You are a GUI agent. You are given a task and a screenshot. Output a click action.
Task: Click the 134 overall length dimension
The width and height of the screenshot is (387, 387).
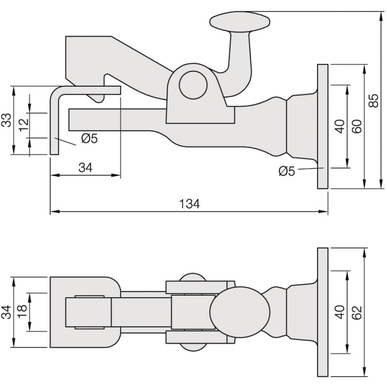tap(189, 204)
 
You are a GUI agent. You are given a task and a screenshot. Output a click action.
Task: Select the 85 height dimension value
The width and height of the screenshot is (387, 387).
tap(374, 101)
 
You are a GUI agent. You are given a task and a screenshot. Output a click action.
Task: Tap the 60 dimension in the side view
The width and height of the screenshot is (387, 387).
tap(357, 127)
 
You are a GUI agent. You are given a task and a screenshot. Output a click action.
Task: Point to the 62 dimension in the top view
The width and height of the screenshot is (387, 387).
tap(357, 313)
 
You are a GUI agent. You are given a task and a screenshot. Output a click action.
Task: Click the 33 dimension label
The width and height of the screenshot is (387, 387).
tap(7, 120)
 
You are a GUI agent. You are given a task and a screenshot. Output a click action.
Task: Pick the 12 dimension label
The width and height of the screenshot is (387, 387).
tap(24, 125)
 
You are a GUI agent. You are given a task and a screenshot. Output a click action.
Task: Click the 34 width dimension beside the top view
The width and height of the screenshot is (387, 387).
tap(7, 312)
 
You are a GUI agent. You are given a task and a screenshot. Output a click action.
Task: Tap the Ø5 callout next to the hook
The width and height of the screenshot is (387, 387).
tap(90, 139)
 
